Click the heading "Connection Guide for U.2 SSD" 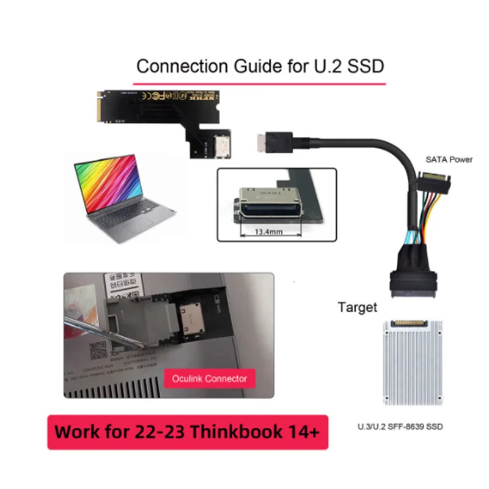point(260,65)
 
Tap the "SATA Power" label point(449,160)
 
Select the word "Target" point(358,307)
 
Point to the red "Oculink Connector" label point(210,378)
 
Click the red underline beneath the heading point(260,79)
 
